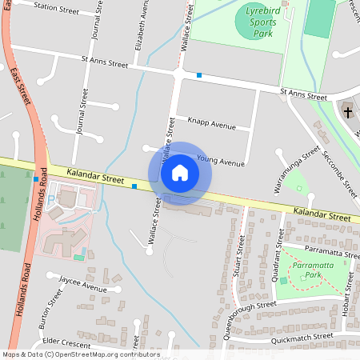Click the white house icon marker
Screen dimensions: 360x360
coord(180,173)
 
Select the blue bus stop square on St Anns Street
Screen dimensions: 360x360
coord(198,75)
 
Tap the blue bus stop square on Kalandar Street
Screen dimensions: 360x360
coord(134,186)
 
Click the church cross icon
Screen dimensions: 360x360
coord(348,112)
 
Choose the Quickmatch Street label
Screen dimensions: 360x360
coord(301,338)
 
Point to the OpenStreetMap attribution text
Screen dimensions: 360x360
coord(70,354)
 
